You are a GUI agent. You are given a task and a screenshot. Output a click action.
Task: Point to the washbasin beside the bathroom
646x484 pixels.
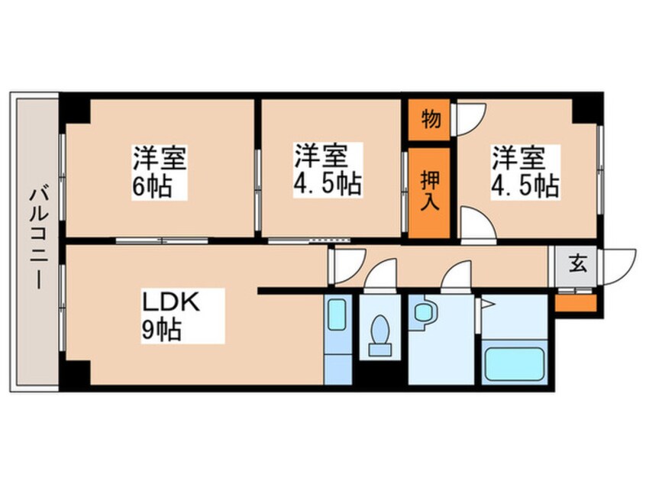point(422,313)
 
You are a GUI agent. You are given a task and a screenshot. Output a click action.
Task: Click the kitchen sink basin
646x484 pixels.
point(336,315)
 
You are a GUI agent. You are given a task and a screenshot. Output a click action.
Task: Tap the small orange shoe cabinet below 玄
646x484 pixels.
point(575,302)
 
